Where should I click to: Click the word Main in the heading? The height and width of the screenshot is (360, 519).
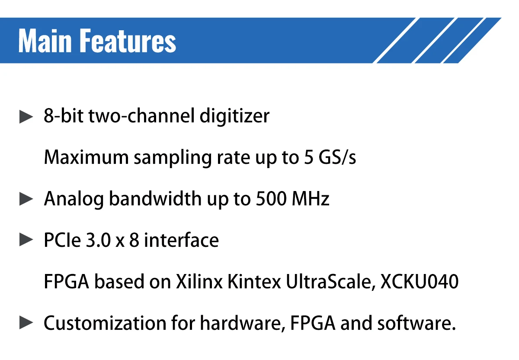45,41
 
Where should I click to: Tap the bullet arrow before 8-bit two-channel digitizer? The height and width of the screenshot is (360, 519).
27,117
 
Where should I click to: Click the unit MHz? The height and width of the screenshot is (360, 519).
311,199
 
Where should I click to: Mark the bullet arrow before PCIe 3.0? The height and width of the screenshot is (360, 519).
27,240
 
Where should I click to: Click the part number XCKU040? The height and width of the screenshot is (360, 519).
419,282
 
